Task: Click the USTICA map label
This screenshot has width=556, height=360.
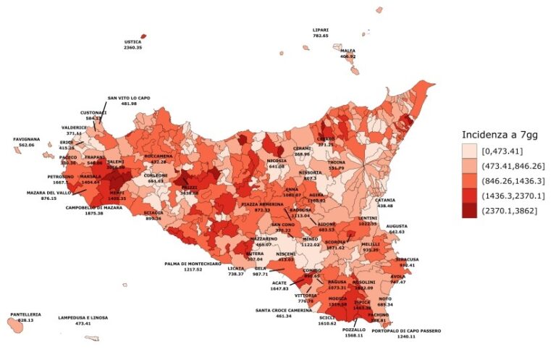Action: click(132, 42)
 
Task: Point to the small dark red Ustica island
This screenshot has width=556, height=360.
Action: click(143, 35)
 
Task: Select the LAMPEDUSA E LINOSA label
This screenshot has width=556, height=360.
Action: click(83, 317)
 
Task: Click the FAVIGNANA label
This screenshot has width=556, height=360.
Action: click(27, 139)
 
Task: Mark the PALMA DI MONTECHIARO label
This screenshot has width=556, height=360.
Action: click(193, 264)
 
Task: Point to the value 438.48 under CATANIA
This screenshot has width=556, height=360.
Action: click(385, 206)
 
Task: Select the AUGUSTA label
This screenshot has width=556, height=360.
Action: click(397, 226)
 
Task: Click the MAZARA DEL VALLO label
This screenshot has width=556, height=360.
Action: click(49, 192)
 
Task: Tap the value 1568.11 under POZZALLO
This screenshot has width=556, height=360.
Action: click(354, 335)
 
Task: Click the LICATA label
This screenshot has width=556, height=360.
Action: click(236, 268)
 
